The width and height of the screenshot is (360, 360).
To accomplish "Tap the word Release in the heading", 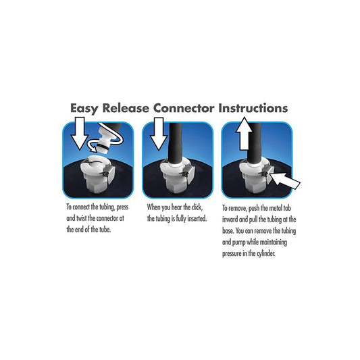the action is coord(126,108).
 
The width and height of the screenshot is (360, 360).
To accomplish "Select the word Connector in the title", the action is coord(184,108).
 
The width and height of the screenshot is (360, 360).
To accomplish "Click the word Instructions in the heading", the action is coord(253,108).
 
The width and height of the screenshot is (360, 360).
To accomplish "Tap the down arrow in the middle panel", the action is coord(159,134).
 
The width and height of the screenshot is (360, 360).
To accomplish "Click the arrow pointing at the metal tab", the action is coord(285,181).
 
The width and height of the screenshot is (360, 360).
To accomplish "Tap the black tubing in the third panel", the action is coord(254,143).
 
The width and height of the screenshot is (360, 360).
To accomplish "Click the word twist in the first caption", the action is coord(82,218).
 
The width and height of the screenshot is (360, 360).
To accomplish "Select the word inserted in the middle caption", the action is coord(197,219).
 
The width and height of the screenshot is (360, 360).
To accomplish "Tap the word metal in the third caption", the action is coord(276,208).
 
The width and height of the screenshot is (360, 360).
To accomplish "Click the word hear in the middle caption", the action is coord(177,207).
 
